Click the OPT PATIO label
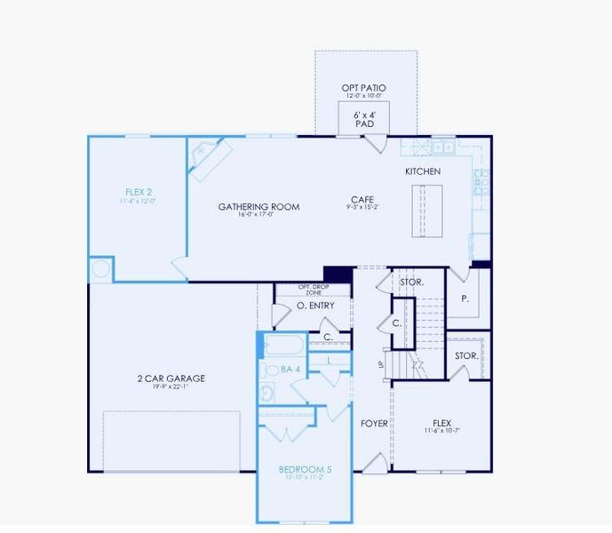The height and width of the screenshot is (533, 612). point(364,88)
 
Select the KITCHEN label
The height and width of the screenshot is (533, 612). point(423,171)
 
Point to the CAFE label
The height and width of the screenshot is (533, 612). point(362,200)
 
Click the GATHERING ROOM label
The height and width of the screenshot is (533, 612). point(258,207)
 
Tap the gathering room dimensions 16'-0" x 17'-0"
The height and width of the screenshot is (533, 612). point(258,215)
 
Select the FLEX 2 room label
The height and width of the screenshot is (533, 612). point(139,192)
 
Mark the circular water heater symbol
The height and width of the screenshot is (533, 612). point(100,268)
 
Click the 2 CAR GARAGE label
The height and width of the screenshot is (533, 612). point(171,378)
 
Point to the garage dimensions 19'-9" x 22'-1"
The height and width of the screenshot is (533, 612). point(171,387)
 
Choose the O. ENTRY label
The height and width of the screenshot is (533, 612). point(315,306)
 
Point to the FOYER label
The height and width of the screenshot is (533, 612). point(374,424)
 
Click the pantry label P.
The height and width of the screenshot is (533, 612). point(465,299)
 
